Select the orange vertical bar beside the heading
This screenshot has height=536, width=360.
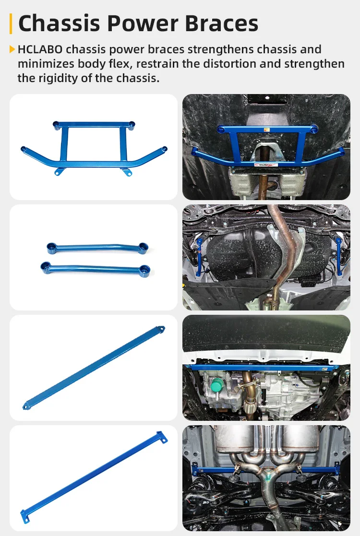(x=11, y=24)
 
